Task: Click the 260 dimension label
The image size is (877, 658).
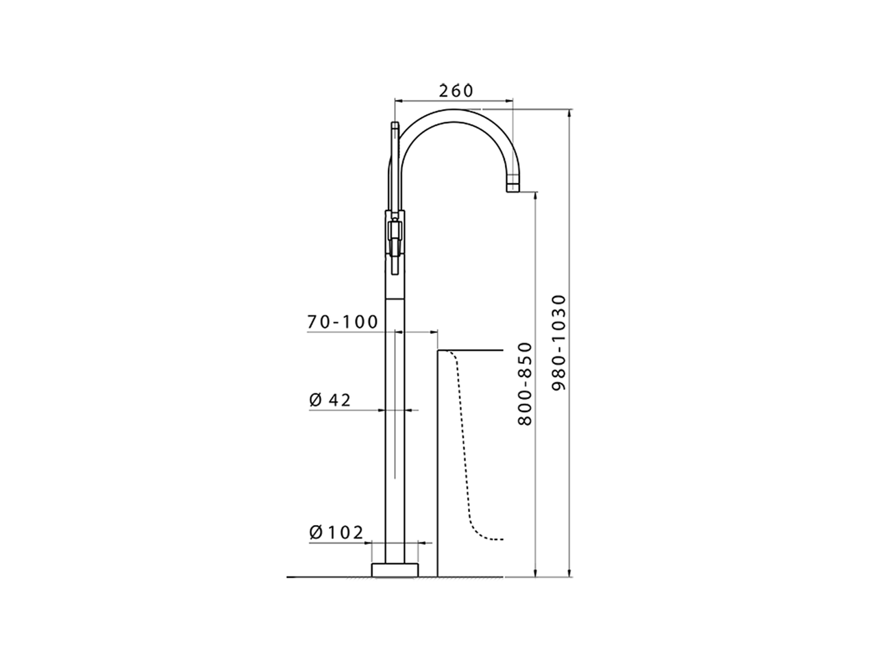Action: pyautogui.click(x=456, y=90)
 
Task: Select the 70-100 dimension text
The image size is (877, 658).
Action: pyautogui.click(x=343, y=321)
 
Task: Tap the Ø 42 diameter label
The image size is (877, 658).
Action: pyautogui.click(x=330, y=400)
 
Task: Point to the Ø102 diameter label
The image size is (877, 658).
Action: pyautogui.click(x=336, y=533)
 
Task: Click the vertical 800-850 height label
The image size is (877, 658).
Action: pyautogui.click(x=525, y=384)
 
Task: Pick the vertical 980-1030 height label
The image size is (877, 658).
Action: pyautogui.click(x=560, y=343)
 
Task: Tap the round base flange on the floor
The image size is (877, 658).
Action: pyautogui.click(x=395, y=570)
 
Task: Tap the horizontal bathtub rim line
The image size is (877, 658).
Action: pyautogui.click(x=473, y=350)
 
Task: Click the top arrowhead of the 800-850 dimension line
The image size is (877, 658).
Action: pyautogui.click(x=535, y=196)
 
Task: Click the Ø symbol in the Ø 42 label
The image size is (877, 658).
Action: pyautogui.click(x=315, y=400)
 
